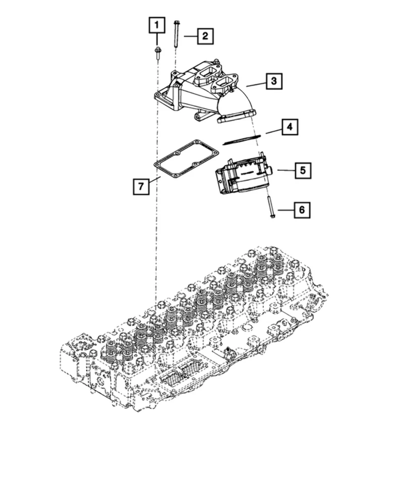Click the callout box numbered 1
click(x=156, y=25)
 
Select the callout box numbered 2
click(x=205, y=36)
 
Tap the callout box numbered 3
click(x=273, y=81)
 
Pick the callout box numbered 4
click(x=289, y=128)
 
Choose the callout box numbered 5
click(x=302, y=170)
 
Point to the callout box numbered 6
click(x=302, y=210)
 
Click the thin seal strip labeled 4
click(x=241, y=139)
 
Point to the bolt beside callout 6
click(x=270, y=207)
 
